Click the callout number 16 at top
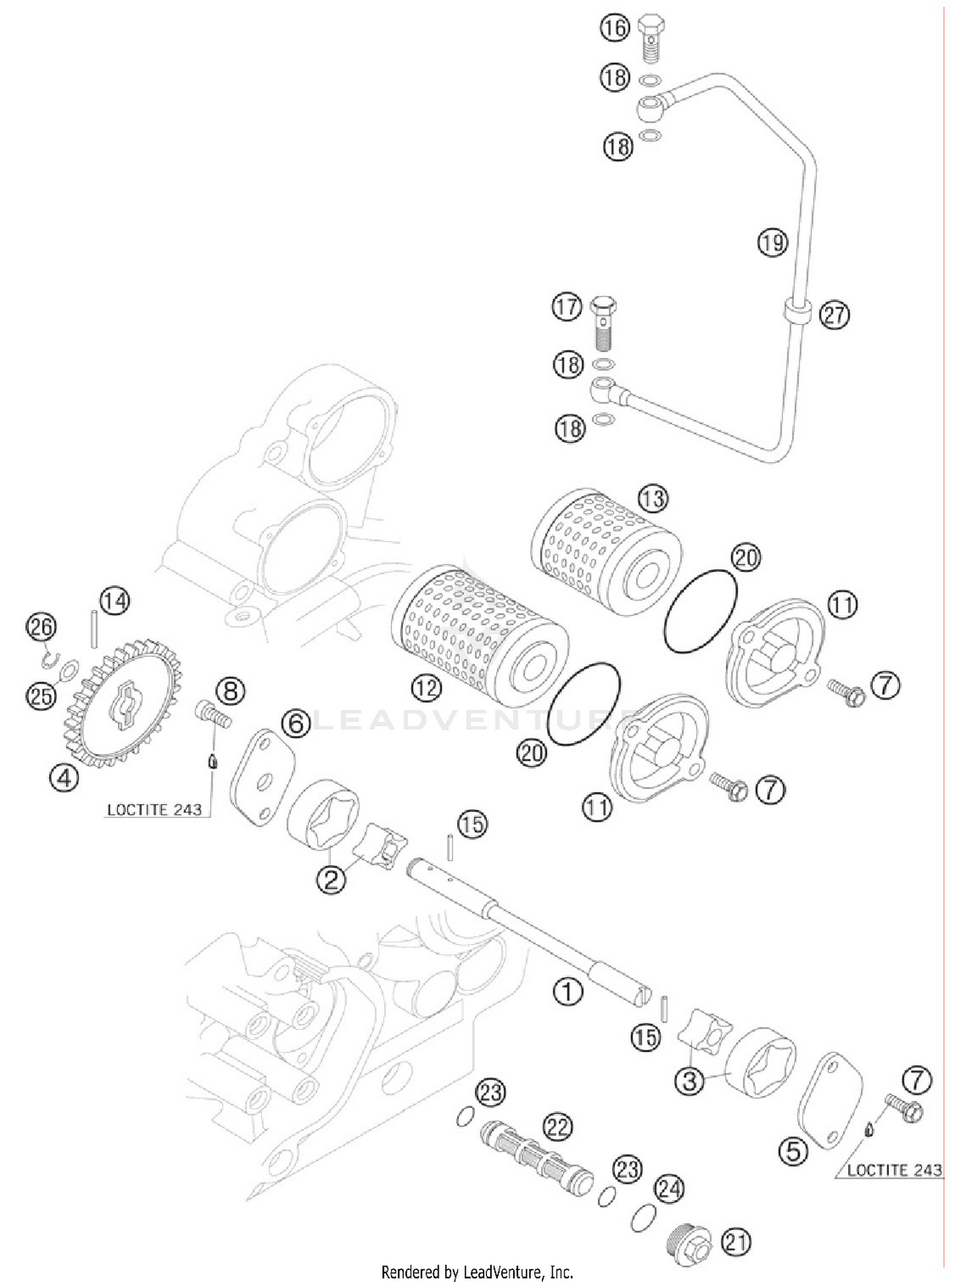coord(614,29)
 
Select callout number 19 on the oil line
coord(772,243)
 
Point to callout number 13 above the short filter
coord(653,498)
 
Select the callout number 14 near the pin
coord(115,601)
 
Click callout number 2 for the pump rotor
coord(330,880)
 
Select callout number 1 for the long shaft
coord(567,991)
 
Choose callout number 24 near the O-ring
coord(669,1189)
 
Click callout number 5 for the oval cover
coord(793,1151)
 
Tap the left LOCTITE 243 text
coord(154,810)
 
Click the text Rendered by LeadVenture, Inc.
coord(477,1272)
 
